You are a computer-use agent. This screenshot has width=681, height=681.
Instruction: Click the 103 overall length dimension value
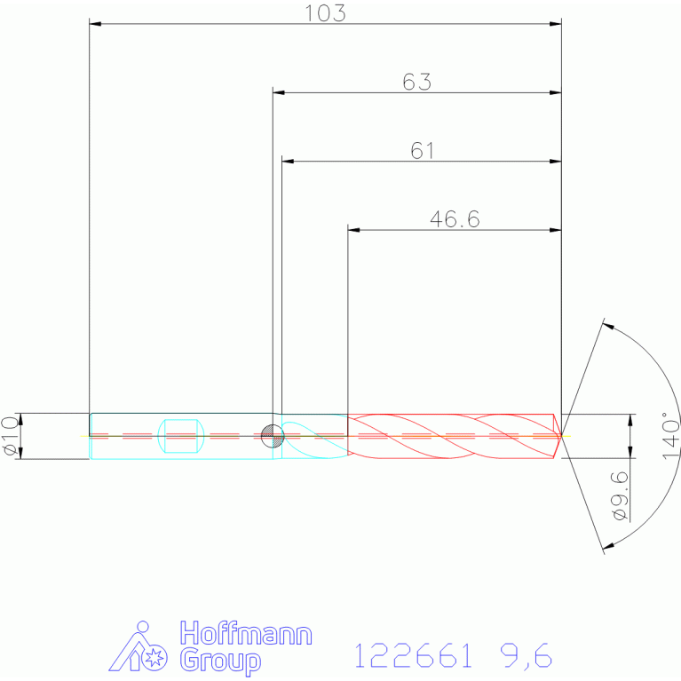325,13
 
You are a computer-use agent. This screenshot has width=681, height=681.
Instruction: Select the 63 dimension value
417,82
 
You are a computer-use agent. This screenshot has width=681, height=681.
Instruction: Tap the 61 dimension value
422,151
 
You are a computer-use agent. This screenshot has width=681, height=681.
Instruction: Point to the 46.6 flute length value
455,219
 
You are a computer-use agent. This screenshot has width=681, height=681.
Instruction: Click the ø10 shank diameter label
11,436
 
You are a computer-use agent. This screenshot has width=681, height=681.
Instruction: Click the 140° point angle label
670,436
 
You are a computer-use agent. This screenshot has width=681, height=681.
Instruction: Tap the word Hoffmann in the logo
246,633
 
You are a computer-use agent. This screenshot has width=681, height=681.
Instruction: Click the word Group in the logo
220,661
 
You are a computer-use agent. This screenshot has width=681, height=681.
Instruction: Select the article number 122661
413,655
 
